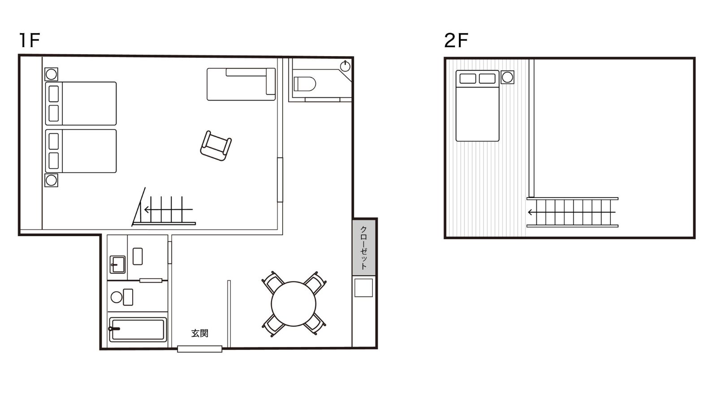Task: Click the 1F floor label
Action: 29,40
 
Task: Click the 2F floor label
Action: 456,40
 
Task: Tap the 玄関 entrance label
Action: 200,333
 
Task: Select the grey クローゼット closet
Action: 364,247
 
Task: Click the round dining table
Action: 294,304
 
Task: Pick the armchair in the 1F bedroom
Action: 216,146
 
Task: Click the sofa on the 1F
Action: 241,84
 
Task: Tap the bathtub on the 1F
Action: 138,329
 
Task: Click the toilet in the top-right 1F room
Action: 304,84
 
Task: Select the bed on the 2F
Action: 477,106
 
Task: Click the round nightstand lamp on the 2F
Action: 507,77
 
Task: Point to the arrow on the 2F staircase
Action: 572,212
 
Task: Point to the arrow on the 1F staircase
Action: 168,210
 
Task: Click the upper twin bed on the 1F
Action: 81,103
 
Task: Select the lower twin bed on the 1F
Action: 81,151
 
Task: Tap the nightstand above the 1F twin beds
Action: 51,75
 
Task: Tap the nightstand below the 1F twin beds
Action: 51,180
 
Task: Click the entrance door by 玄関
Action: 200,349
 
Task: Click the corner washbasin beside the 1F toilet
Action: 345,66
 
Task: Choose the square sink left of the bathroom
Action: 117,264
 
